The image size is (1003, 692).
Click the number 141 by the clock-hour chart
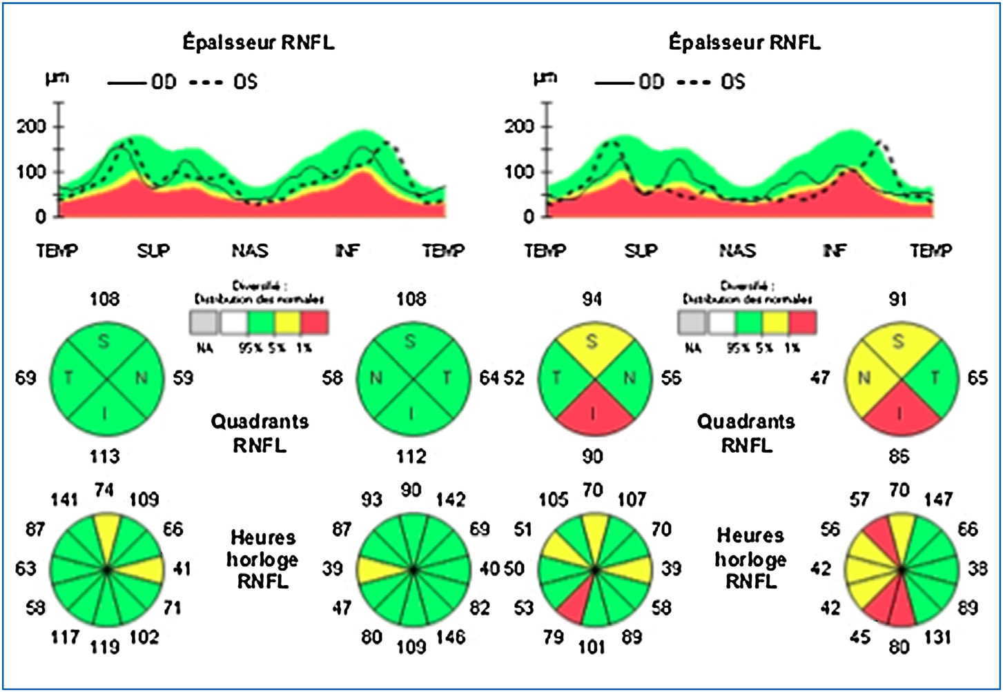[x=65, y=499]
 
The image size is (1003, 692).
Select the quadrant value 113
[x=104, y=456]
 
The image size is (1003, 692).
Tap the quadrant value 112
[x=411, y=456]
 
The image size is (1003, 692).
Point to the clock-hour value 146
[x=451, y=637]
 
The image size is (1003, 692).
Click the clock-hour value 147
[x=938, y=499]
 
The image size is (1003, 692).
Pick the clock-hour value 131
[x=938, y=637]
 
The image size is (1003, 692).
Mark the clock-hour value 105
[x=554, y=499]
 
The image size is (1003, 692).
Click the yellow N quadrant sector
[x=866, y=378]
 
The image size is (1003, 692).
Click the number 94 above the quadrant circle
[x=592, y=299]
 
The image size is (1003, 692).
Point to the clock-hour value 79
[x=554, y=637]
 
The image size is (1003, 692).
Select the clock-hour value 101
[x=592, y=647]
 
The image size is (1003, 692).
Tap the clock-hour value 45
[x=860, y=637]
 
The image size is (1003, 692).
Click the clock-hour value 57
[x=860, y=499]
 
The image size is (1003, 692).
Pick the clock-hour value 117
[x=65, y=637]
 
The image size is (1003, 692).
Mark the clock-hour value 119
[x=104, y=647]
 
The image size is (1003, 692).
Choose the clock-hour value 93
[x=372, y=499]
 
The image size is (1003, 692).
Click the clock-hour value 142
[x=451, y=499]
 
